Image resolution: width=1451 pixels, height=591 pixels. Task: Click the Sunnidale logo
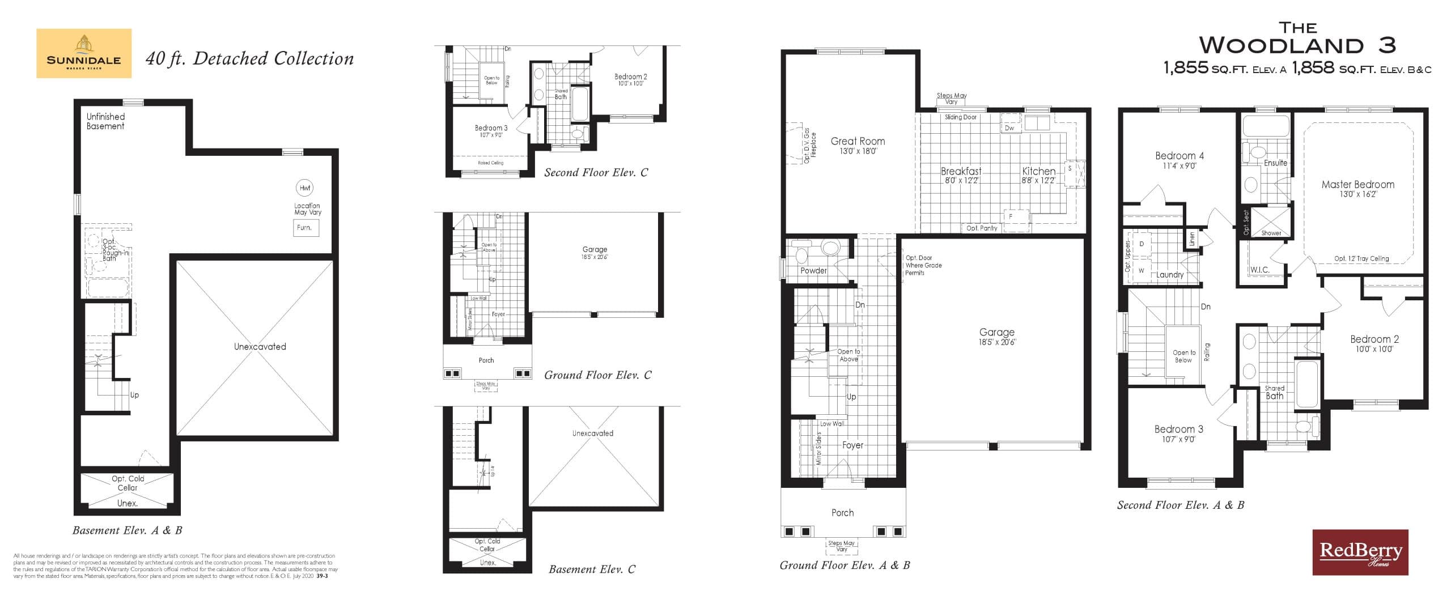[84, 53]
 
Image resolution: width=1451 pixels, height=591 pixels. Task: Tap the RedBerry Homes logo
[1360, 552]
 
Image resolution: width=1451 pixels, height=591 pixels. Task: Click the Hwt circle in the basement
[304, 188]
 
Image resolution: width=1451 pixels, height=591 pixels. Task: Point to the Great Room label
[857, 142]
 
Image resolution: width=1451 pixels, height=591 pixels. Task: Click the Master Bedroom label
[1357, 185]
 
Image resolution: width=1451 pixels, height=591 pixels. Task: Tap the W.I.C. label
[1259, 270]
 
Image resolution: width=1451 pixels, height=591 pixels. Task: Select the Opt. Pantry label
[982, 228]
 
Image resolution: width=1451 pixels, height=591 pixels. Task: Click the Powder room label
[813, 271]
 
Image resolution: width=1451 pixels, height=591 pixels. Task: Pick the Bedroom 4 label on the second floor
[1179, 156]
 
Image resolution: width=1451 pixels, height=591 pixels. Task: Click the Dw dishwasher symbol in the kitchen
[1009, 128]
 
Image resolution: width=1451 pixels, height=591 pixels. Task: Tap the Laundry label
[1170, 275]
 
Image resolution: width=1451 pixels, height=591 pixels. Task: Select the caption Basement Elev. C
[592, 569]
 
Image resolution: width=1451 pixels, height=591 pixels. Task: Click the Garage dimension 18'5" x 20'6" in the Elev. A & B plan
[996, 342]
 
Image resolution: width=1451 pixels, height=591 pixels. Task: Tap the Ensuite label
[1275, 163]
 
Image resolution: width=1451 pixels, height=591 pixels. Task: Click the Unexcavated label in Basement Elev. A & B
[260, 347]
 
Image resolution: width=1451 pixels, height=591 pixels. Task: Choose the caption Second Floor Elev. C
[596, 173]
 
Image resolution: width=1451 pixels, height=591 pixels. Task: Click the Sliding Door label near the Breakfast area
[960, 117]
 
